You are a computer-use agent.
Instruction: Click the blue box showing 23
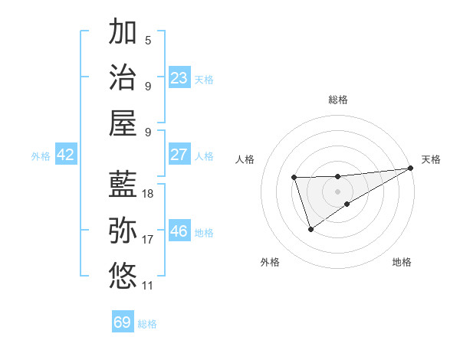pyautogui.click(x=179, y=78)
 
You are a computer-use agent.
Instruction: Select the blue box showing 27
pyautogui.click(x=179, y=155)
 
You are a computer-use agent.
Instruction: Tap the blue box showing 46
pyautogui.click(x=179, y=231)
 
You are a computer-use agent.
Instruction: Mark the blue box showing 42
pyautogui.click(x=65, y=155)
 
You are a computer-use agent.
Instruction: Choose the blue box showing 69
pyautogui.click(x=123, y=322)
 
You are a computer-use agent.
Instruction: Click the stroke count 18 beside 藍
pyautogui.click(x=148, y=194)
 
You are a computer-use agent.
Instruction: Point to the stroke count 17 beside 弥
pyautogui.click(x=148, y=240)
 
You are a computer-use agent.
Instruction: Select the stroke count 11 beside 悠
pyautogui.click(x=148, y=286)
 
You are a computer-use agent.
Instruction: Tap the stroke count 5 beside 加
pyautogui.click(x=148, y=41)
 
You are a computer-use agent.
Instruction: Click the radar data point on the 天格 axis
pyautogui.click(x=412, y=168)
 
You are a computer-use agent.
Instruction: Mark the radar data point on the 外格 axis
pyautogui.click(x=310, y=229)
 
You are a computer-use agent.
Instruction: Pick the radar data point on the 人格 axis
pyautogui.click(x=294, y=178)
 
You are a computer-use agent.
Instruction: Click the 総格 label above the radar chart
pyautogui.click(x=338, y=100)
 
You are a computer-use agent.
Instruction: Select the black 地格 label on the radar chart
pyautogui.click(x=402, y=262)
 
